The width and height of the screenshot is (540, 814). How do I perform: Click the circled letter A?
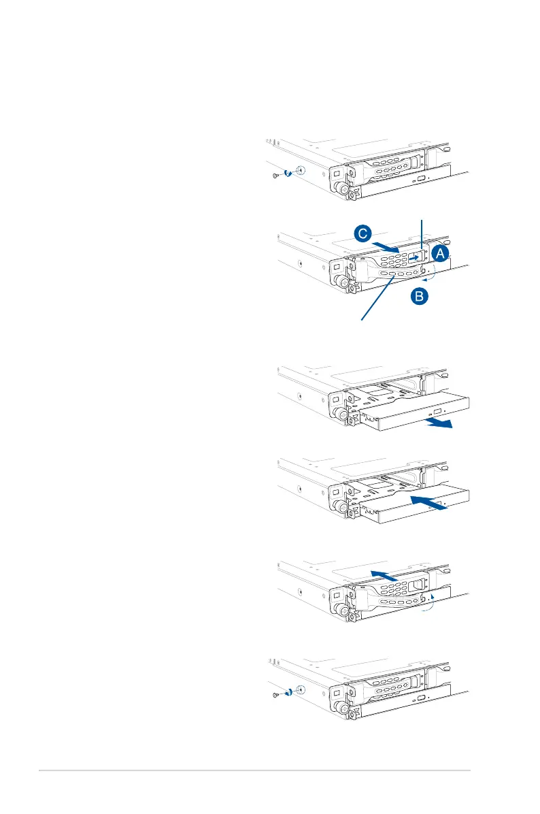coord(441,254)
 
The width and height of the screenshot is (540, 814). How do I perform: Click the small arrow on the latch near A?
coord(414,258)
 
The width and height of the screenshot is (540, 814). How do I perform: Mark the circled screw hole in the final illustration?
coord(301,690)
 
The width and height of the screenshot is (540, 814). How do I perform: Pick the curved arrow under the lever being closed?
coord(426,604)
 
